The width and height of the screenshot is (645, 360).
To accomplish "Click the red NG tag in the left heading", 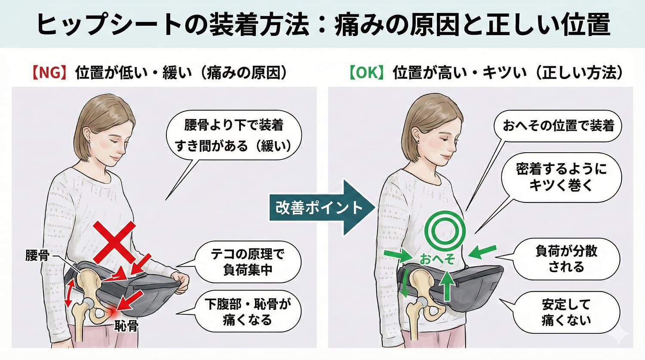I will tap(48, 73).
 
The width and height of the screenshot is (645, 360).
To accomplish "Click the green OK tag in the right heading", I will tap(366, 73).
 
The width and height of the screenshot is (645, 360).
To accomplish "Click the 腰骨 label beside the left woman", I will tap(37, 256).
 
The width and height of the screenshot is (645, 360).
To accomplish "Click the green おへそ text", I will tap(437, 259).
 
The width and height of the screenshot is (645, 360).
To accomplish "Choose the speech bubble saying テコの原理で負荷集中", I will tap(247, 262).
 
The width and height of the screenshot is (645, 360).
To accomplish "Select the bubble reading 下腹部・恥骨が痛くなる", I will tap(247, 312).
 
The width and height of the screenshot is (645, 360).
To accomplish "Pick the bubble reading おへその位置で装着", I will tap(558, 126).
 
